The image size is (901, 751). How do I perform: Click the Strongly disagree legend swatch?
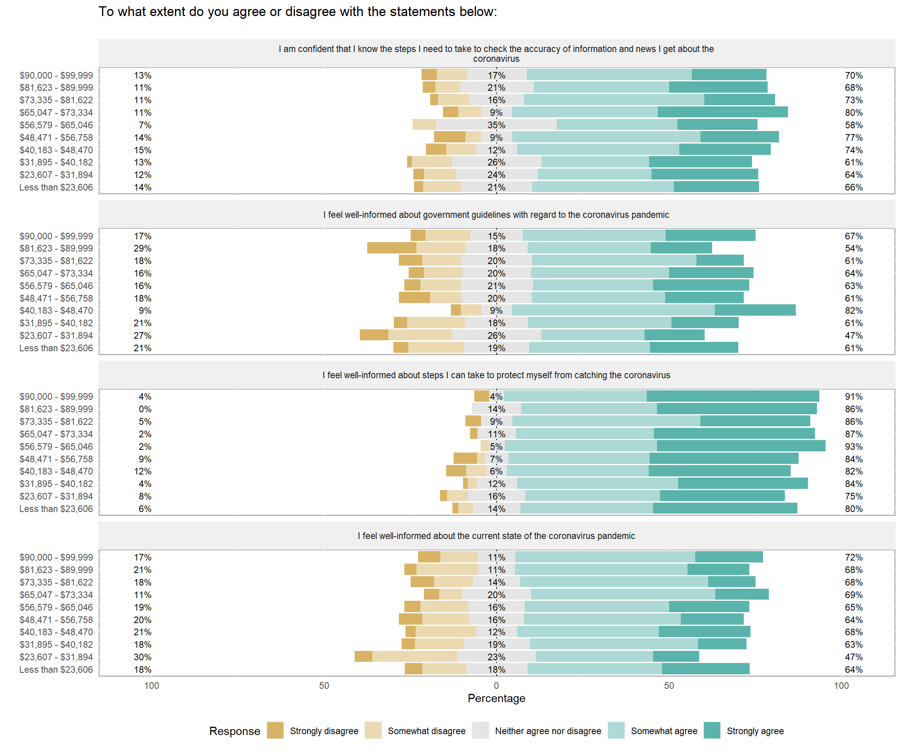tap(275, 730)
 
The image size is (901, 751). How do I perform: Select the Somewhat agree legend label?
tap(664, 731)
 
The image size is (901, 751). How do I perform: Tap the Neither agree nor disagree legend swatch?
tap(480, 730)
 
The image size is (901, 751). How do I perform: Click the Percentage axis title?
tap(496, 698)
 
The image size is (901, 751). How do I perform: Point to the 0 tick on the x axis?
tap(496, 685)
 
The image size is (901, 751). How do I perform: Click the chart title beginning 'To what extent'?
tap(298, 12)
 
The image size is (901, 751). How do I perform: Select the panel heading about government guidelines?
tap(496, 215)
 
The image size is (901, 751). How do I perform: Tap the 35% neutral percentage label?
tap(496, 125)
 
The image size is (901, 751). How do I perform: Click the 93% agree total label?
tap(853, 446)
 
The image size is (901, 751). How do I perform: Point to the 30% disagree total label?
tap(142, 657)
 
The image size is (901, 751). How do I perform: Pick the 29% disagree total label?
tap(142, 248)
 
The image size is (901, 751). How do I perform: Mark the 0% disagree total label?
tap(145, 409)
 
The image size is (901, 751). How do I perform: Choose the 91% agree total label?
tap(853, 397)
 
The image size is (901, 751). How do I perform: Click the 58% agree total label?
tap(853, 125)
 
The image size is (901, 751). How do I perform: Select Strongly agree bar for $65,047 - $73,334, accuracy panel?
tap(723, 112)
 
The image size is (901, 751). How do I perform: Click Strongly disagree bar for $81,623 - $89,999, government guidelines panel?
tap(392, 248)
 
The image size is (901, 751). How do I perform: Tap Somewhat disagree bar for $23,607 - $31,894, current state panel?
tap(415, 657)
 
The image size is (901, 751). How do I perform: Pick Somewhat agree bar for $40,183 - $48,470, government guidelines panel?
tap(613, 310)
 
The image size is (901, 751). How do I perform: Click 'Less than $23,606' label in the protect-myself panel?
tap(56, 508)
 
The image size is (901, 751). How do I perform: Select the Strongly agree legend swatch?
tap(712, 730)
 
